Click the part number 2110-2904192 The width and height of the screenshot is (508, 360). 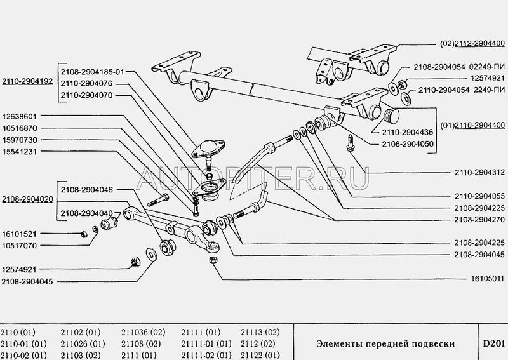[27, 81]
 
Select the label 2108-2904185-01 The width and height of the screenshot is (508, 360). [92, 72]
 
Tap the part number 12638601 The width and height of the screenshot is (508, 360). [20, 116]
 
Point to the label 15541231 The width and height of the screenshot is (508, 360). [20, 152]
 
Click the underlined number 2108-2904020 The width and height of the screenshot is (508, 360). [27, 199]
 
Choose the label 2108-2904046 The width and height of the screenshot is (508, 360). [87, 190]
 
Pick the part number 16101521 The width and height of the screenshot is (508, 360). [20, 234]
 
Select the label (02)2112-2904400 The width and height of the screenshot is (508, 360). [472, 43]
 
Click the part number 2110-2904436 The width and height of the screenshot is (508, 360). [408, 132]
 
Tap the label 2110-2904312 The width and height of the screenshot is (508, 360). [479, 173]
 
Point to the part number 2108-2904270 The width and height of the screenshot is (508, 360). [479, 220]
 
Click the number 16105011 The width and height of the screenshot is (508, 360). [488, 279]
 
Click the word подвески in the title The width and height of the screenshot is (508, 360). [434, 343]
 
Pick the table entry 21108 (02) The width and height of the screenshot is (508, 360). [141, 343]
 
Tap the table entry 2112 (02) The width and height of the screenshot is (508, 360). [258, 343]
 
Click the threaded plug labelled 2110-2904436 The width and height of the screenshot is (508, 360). [391, 116]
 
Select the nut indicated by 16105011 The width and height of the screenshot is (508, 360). [213, 260]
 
